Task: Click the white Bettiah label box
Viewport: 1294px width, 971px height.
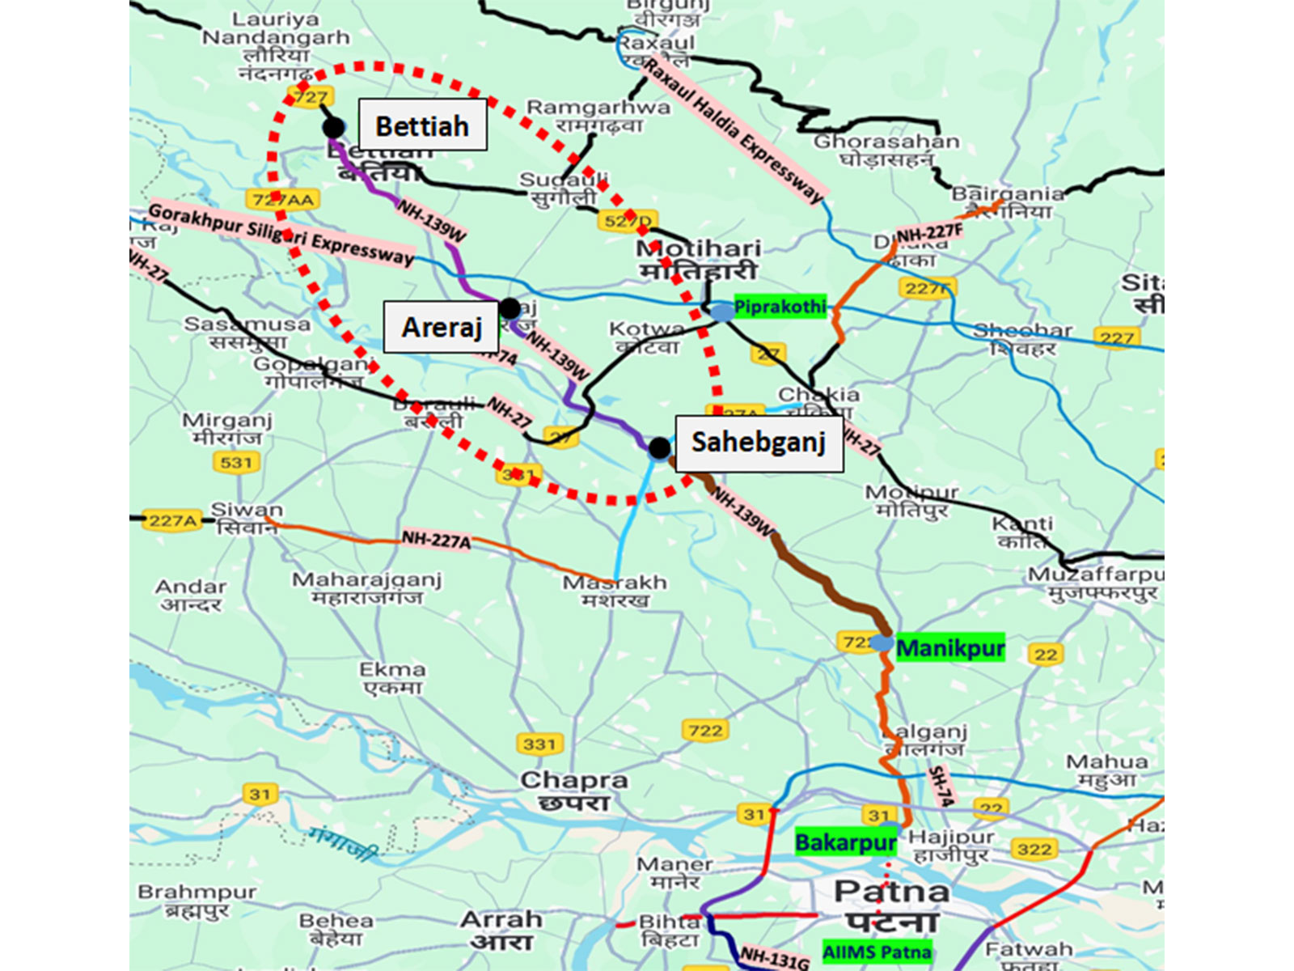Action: coord(422,125)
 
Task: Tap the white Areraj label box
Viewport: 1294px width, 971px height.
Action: coord(441,327)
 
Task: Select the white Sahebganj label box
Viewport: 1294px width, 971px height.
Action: coord(759,443)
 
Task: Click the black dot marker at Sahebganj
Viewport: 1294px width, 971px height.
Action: coord(659,447)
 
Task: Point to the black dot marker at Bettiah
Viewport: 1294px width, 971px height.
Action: coord(333,127)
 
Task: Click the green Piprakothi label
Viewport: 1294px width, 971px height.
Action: coord(780,307)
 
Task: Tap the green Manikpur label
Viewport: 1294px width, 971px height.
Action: coord(950,648)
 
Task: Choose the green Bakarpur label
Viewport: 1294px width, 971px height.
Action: coord(845,843)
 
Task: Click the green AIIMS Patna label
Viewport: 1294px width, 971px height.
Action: coord(877,952)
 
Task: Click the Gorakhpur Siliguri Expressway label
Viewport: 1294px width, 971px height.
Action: coord(281,235)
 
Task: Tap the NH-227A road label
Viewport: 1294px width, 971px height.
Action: coord(436,539)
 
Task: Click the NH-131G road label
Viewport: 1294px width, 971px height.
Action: coord(774,958)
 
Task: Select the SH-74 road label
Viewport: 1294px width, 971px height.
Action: coord(940,786)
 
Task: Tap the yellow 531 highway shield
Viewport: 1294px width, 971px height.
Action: coord(236,463)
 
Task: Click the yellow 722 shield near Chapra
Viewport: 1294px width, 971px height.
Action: coord(705,731)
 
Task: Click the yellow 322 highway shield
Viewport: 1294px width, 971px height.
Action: coord(1034,849)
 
